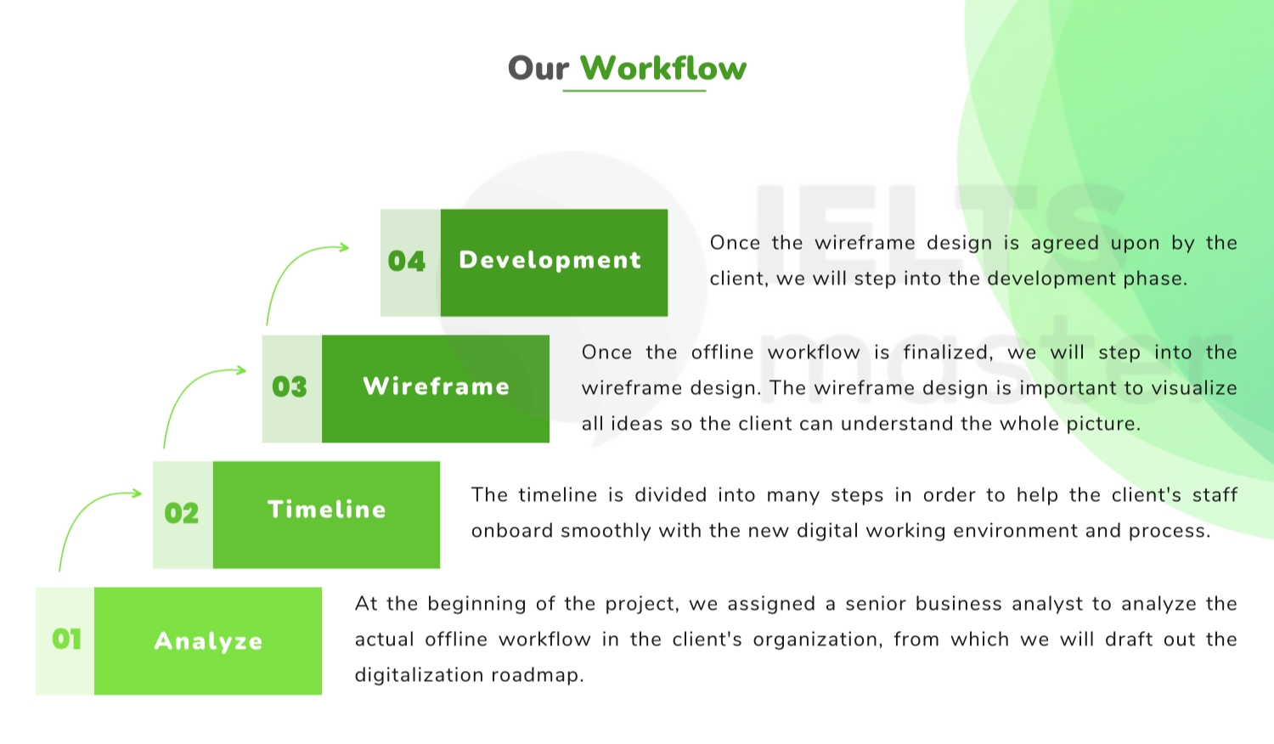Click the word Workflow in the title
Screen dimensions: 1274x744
pyautogui.click(x=663, y=68)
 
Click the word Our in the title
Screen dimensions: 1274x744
pyautogui.click(x=538, y=69)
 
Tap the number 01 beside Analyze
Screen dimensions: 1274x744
pyautogui.click(x=66, y=639)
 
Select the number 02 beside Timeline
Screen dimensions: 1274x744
pyautogui.click(x=182, y=513)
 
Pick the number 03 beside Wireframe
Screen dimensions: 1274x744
pyautogui.click(x=290, y=386)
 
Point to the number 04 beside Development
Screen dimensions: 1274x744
pyautogui.click(x=407, y=261)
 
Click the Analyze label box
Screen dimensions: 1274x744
pyautogui.click(x=208, y=641)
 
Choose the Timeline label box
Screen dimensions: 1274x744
pyautogui.click(x=326, y=515)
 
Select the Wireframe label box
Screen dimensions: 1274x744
pyautogui.click(x=436, y=388)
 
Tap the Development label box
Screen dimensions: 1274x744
pyautogui.click(x=554, y=262)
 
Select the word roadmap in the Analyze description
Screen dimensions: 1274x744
pyautogui.click(x=538, y=676)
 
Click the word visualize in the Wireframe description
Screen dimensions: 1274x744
pyautogui.click(x=1194, y=388)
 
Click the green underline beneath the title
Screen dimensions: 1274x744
pyautogui.click(x=634, y=90)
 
